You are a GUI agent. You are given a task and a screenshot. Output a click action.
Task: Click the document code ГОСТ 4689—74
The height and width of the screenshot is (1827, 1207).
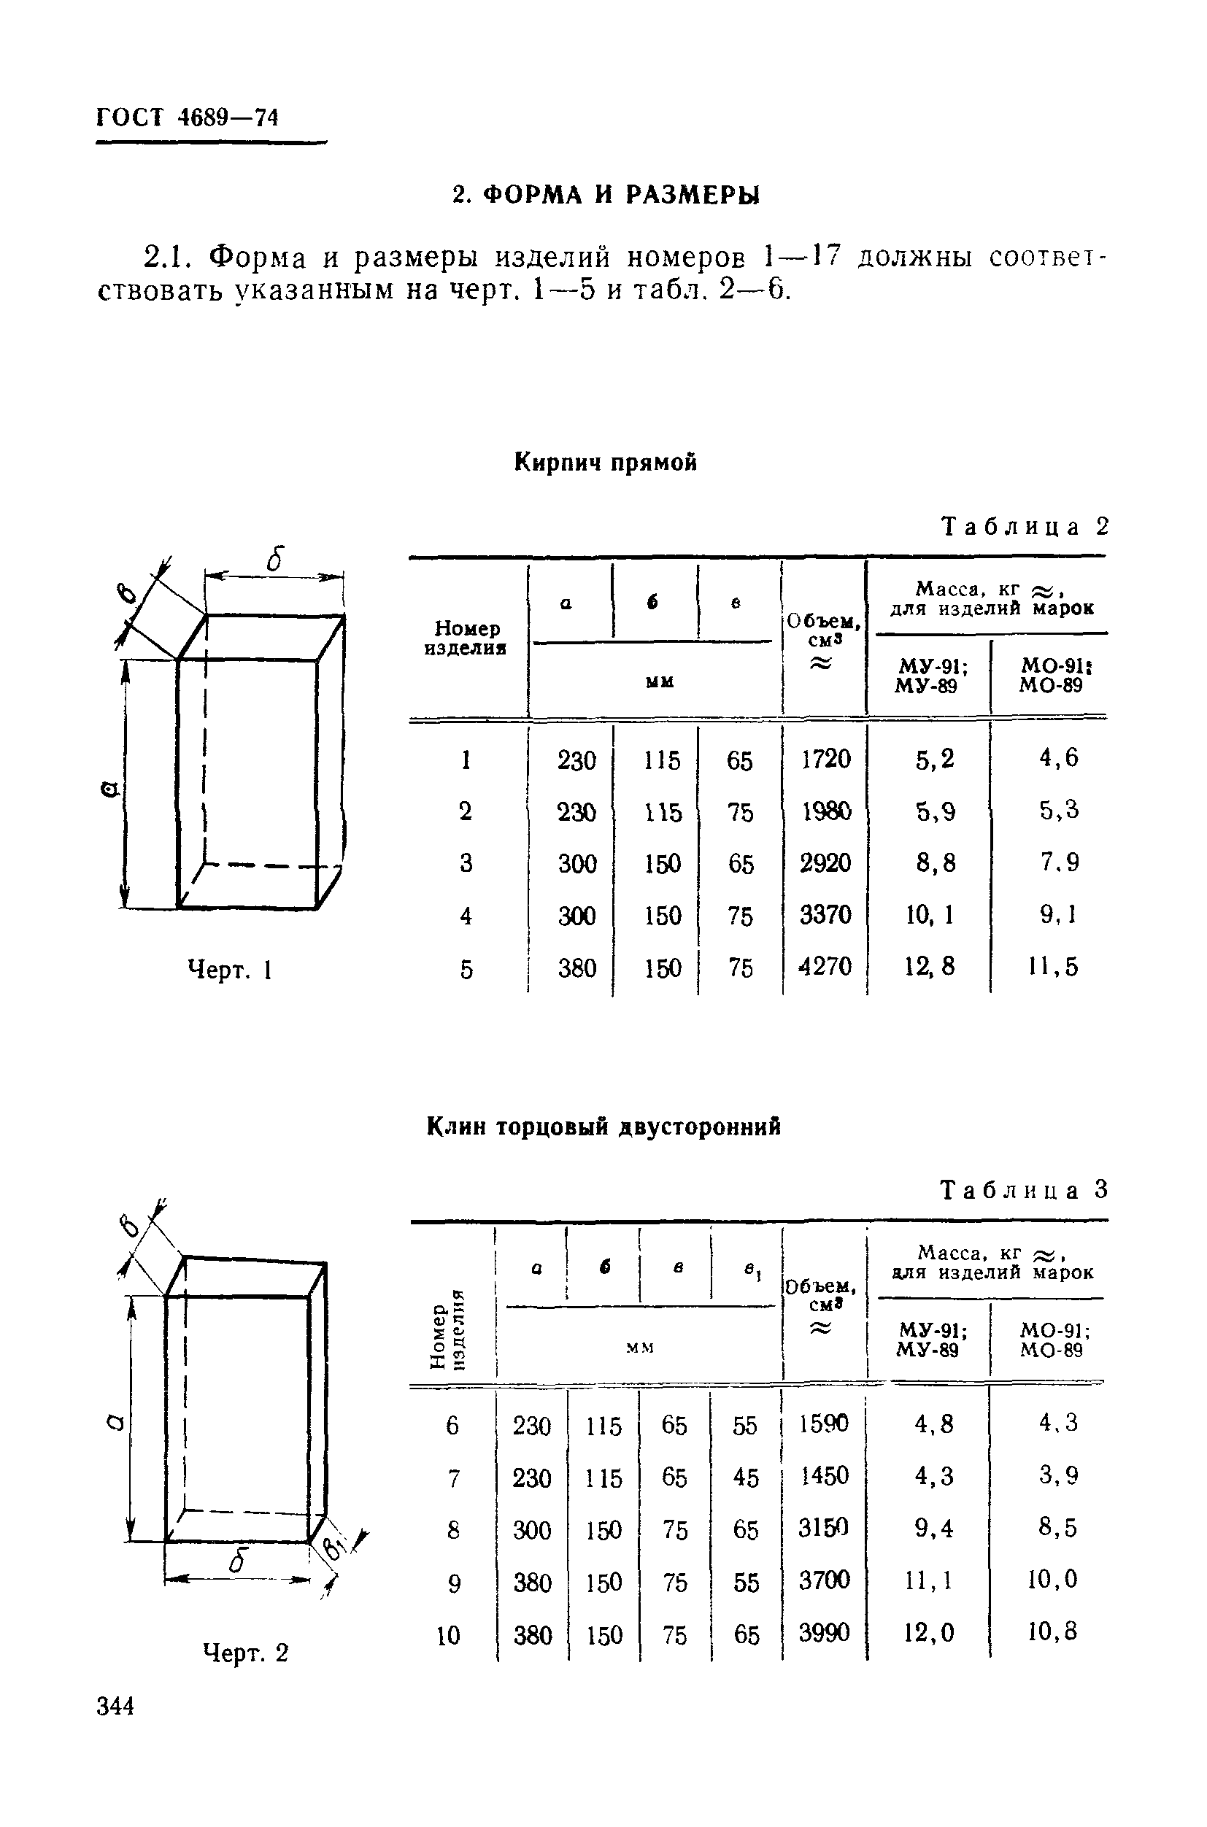[187, 117]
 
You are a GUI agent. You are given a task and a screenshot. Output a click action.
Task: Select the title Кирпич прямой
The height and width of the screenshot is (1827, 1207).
[606, 463]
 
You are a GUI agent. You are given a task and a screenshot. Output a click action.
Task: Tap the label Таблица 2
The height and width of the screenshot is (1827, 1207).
[1025, 528]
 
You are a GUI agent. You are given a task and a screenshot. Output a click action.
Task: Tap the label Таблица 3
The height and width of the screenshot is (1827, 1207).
[1024, 1191]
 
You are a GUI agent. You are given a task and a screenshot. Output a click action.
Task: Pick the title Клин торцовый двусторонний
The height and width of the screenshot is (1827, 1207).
[603, 1127]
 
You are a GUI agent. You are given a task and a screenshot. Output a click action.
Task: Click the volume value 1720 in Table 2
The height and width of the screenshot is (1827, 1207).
[826, 760]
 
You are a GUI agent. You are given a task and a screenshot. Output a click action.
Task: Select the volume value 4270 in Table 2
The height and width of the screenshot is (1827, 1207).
[825, 966]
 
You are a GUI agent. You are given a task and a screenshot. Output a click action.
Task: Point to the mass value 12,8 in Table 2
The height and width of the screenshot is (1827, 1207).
[930, 966]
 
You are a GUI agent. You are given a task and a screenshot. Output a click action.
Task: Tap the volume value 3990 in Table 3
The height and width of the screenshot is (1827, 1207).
[825, 1633]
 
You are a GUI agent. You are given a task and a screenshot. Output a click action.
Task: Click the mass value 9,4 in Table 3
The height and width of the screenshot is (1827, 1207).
[934, 1529]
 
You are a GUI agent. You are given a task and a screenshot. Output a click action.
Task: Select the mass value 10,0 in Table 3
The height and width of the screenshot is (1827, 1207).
[1052, 1580]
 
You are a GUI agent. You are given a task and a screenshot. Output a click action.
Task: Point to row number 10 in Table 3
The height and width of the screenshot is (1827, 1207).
[449, 1634]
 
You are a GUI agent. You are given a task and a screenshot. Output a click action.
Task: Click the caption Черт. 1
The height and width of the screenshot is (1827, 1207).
[230, 970]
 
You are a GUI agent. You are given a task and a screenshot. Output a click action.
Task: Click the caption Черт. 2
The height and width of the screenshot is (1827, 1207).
[245, 1653]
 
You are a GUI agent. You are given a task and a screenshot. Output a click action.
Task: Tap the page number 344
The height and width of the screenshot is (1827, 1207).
[116, 1707]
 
